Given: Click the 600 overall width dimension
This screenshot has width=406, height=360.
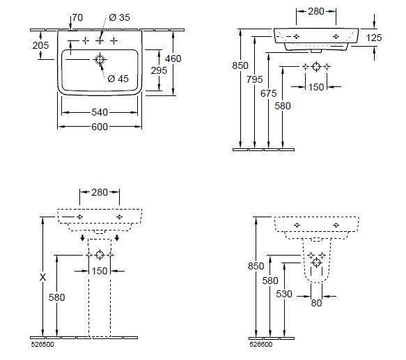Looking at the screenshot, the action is (100, 127).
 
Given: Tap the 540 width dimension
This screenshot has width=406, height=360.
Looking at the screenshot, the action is (100, 112).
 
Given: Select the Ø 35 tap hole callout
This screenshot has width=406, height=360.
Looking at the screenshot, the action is (119, 17).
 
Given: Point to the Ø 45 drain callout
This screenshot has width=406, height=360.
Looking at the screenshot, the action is (118, 79).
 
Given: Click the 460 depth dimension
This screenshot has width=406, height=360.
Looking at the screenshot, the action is (173, 58).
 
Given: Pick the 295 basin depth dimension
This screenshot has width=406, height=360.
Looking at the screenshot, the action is (159, 70).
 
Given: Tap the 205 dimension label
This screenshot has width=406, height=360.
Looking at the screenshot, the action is (40, 45).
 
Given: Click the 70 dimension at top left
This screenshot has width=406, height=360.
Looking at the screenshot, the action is (77, 17).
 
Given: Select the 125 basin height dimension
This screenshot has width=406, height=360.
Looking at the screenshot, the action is (374, 38).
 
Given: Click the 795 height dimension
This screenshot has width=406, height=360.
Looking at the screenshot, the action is (254, 79).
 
